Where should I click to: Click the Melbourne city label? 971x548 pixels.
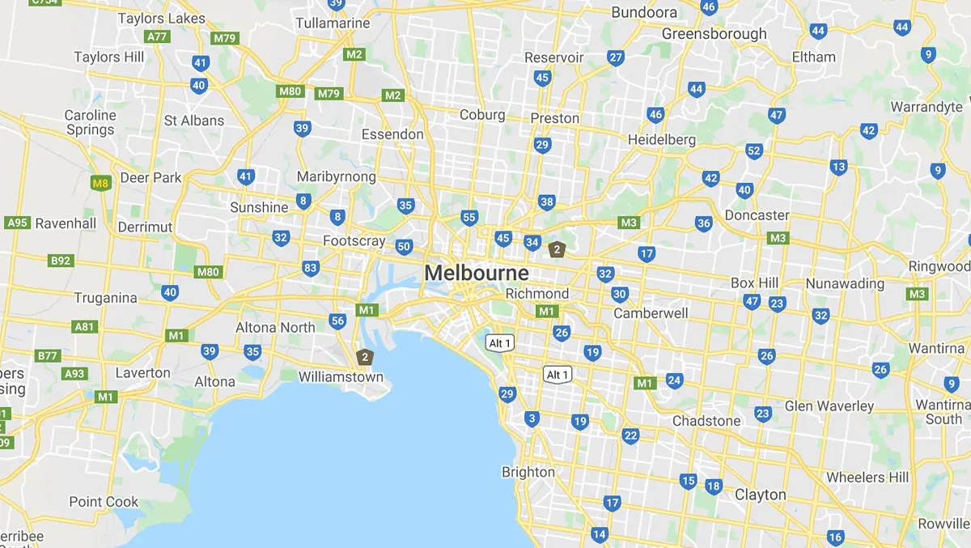(477, 273)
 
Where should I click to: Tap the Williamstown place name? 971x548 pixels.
(341, 376)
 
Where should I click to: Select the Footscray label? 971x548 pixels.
(354, 240)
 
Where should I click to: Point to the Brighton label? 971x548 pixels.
(528, 472)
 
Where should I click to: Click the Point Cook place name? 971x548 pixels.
(104, 501)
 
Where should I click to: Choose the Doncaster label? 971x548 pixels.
(757, 215)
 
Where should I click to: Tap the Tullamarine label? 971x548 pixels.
(333, 23)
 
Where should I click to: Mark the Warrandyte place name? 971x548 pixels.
(926, 107)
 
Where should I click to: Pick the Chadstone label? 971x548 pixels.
(706, 421)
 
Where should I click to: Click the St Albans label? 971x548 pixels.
(193, 121)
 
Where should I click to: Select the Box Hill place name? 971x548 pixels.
(754, 283)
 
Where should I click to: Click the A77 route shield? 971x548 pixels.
(156, 36)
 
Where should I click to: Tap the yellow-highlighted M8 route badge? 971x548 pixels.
(100, 184)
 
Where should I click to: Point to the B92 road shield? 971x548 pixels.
(61, 261)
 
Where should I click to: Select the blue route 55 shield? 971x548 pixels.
(469, 218)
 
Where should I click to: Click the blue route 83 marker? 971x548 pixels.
(310, 268)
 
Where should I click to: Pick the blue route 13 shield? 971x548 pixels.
(838, 168)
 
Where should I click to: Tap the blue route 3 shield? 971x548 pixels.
(532, 418)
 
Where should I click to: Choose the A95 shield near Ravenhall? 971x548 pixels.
(17, 223)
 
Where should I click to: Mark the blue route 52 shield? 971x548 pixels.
(754, 151)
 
